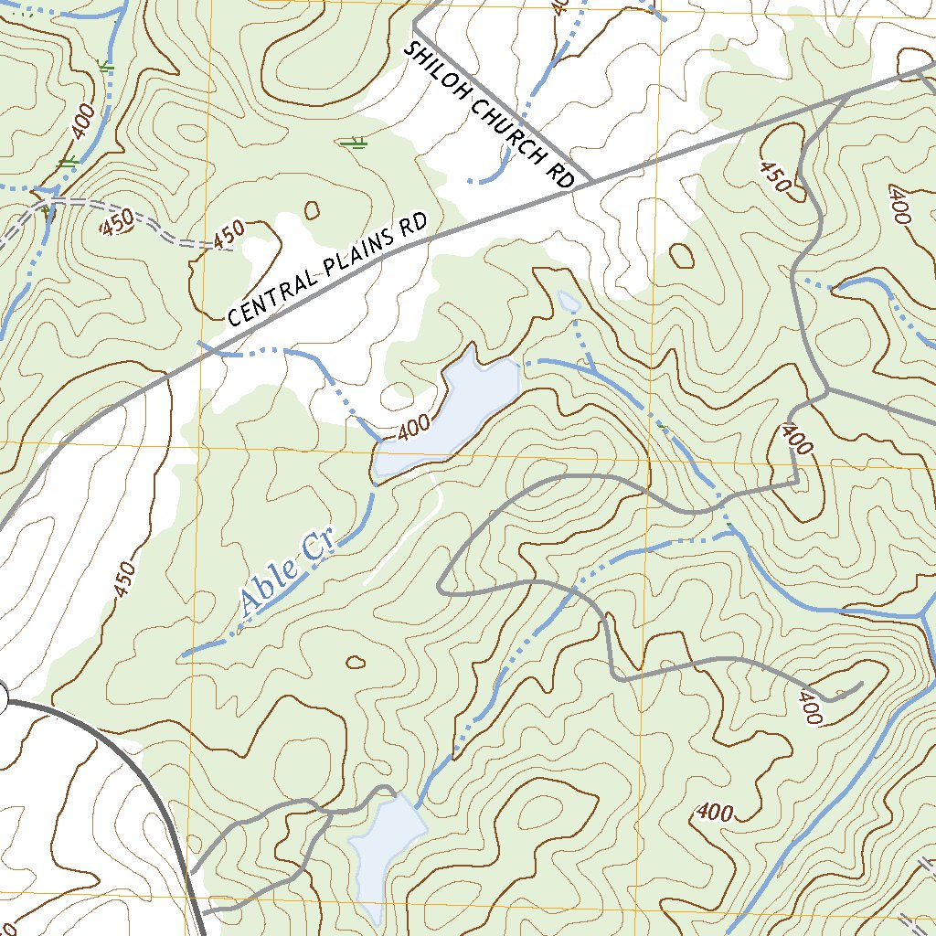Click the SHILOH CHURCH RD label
click(489, 115)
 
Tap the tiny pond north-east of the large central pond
click(568, 301)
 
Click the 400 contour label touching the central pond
click(415, 427)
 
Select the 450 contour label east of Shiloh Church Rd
click(774, 175)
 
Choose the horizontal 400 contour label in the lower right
click(715, 812)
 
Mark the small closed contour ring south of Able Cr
click(356, 663)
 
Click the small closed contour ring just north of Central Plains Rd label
click(313, 210)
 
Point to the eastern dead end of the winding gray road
click(862, 683)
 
